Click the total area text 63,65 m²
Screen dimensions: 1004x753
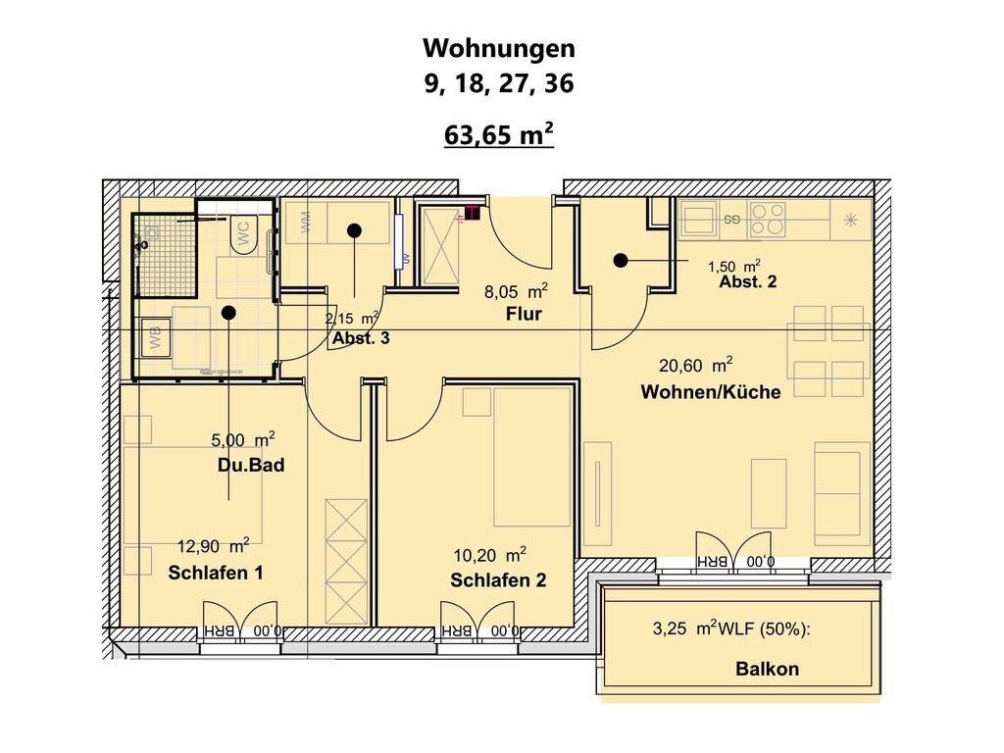(499, 135)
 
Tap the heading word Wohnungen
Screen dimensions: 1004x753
(499, 48)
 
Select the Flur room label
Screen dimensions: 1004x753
(524, 315)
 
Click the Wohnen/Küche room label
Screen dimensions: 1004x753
(711, 392)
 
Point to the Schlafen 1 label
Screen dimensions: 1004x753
(216, 573)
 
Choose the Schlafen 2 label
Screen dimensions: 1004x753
(498, 580)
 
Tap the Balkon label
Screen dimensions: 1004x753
(767, 669)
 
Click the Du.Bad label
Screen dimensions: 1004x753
(251, 465)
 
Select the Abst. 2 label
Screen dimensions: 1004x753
(748, 281)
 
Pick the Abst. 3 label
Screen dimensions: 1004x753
(361, 338)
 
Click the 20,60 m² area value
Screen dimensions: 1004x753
(696, 365)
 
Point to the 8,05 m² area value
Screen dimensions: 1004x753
(516, 292)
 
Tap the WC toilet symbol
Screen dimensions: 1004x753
(243, 234)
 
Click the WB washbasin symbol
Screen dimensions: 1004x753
(156, 336)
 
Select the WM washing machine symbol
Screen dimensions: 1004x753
(305, 223)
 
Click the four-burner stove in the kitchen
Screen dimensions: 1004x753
(768, 220)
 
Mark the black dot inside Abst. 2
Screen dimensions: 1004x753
(620, 261)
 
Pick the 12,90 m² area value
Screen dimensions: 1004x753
(213, 546)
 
